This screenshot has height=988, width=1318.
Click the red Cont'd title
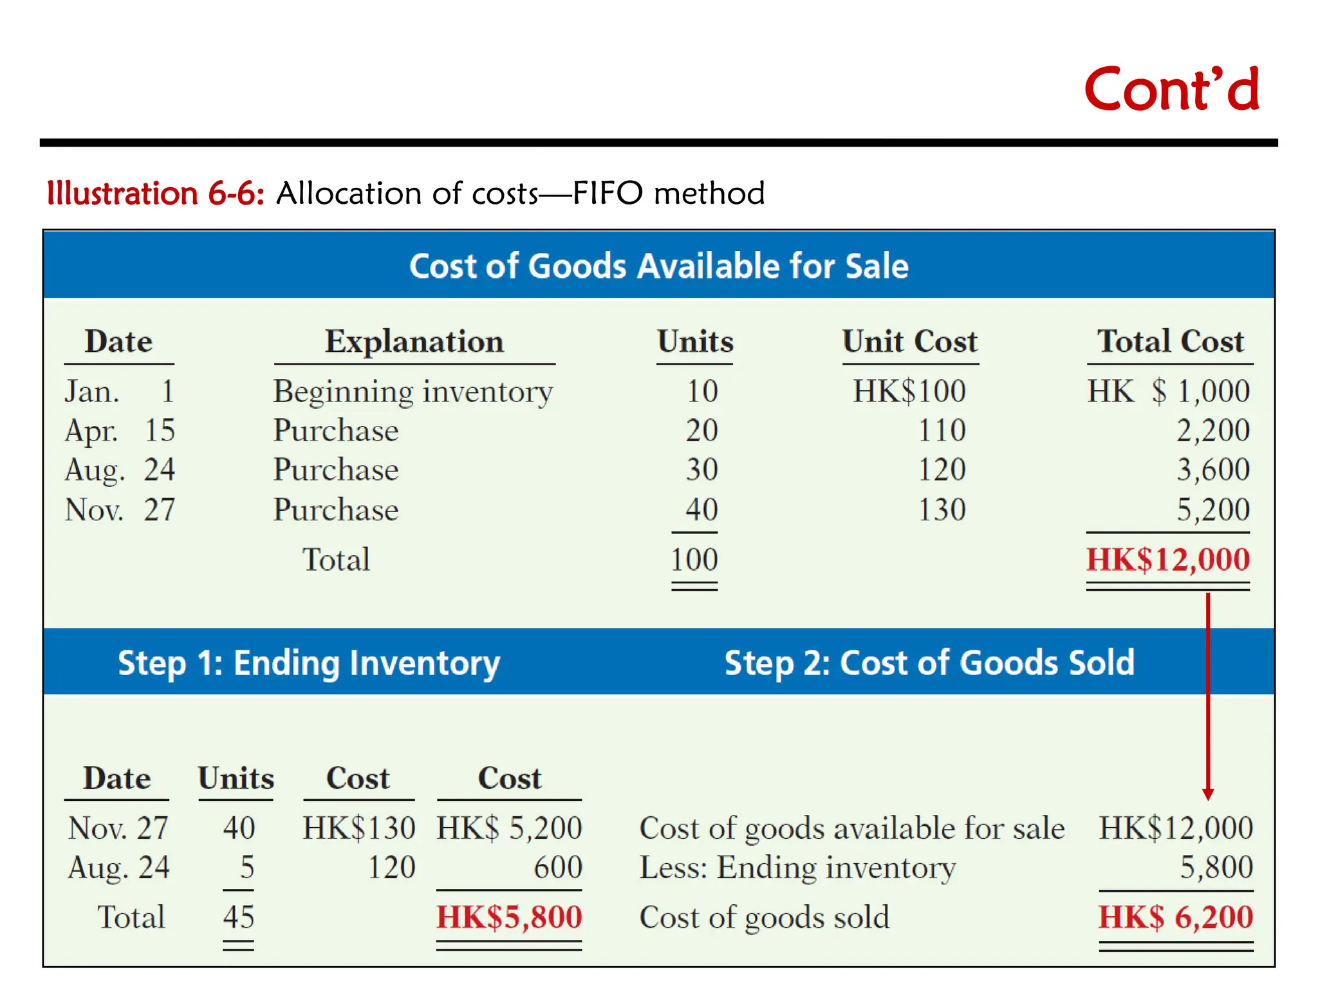pos(1171,90)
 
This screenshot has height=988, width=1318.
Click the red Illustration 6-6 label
pos(155,194)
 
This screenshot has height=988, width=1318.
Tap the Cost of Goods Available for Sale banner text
pos(658,266)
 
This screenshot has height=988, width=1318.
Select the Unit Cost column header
pos(910,342)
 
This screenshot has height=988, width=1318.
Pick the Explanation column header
pos(414,342)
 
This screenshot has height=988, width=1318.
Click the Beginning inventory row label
pos(413,392)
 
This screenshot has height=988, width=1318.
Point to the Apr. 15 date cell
pos(120,430)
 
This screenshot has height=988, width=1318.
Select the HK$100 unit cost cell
pos(909,391)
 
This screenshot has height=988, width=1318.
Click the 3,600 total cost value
pos(1212,470)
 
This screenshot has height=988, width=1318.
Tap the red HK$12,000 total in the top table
pos(1167,560)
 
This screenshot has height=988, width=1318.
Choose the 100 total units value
pos(694,560)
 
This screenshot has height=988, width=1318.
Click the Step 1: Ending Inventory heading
pos(309,663)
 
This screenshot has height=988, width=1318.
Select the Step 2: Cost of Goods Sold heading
pos(929,663)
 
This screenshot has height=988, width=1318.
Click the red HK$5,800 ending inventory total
pos(509,917)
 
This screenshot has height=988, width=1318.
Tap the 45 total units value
pos(239,917)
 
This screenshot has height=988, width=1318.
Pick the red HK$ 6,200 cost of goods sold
pos(1176,917)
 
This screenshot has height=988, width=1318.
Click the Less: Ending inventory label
pos(797,868)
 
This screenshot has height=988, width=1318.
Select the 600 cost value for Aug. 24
pos(557,868)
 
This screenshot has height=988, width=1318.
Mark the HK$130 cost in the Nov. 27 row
pos(359,828)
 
